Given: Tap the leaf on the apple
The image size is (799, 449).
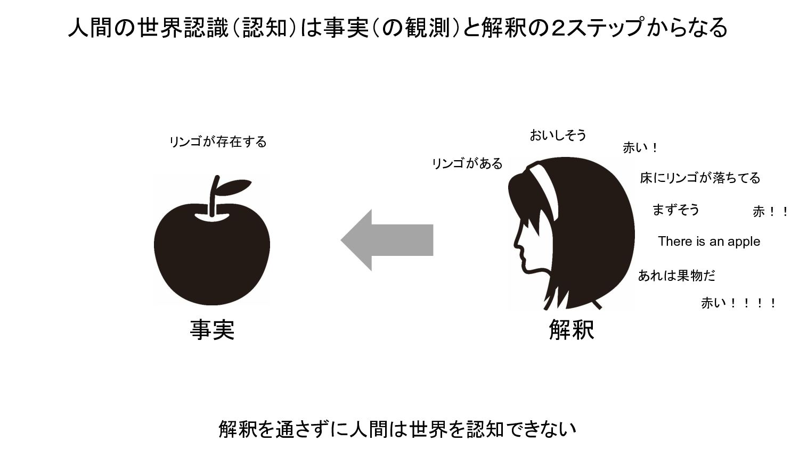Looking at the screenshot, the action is tap(233, 187).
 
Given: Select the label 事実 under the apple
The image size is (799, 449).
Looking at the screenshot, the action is tap(212, 330).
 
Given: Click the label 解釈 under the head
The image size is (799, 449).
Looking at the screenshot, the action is tap(571, 330).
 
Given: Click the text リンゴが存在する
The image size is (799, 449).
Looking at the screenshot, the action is tap(218, 142).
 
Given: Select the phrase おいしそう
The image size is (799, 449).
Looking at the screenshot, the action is tap(558, 136).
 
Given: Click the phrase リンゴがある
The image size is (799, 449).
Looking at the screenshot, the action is tap(467, 164).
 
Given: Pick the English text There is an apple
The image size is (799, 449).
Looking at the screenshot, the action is tap(709, 242).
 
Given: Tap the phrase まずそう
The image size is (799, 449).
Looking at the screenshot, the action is tap(675, 210).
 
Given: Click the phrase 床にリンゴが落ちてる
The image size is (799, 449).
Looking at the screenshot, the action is tap(700, 178).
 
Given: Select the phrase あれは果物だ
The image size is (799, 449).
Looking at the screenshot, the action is tap(676, 276).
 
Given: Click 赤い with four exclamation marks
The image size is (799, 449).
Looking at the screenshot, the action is tap(738, 304).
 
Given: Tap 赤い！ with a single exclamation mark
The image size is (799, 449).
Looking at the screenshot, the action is tap(640, 148).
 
